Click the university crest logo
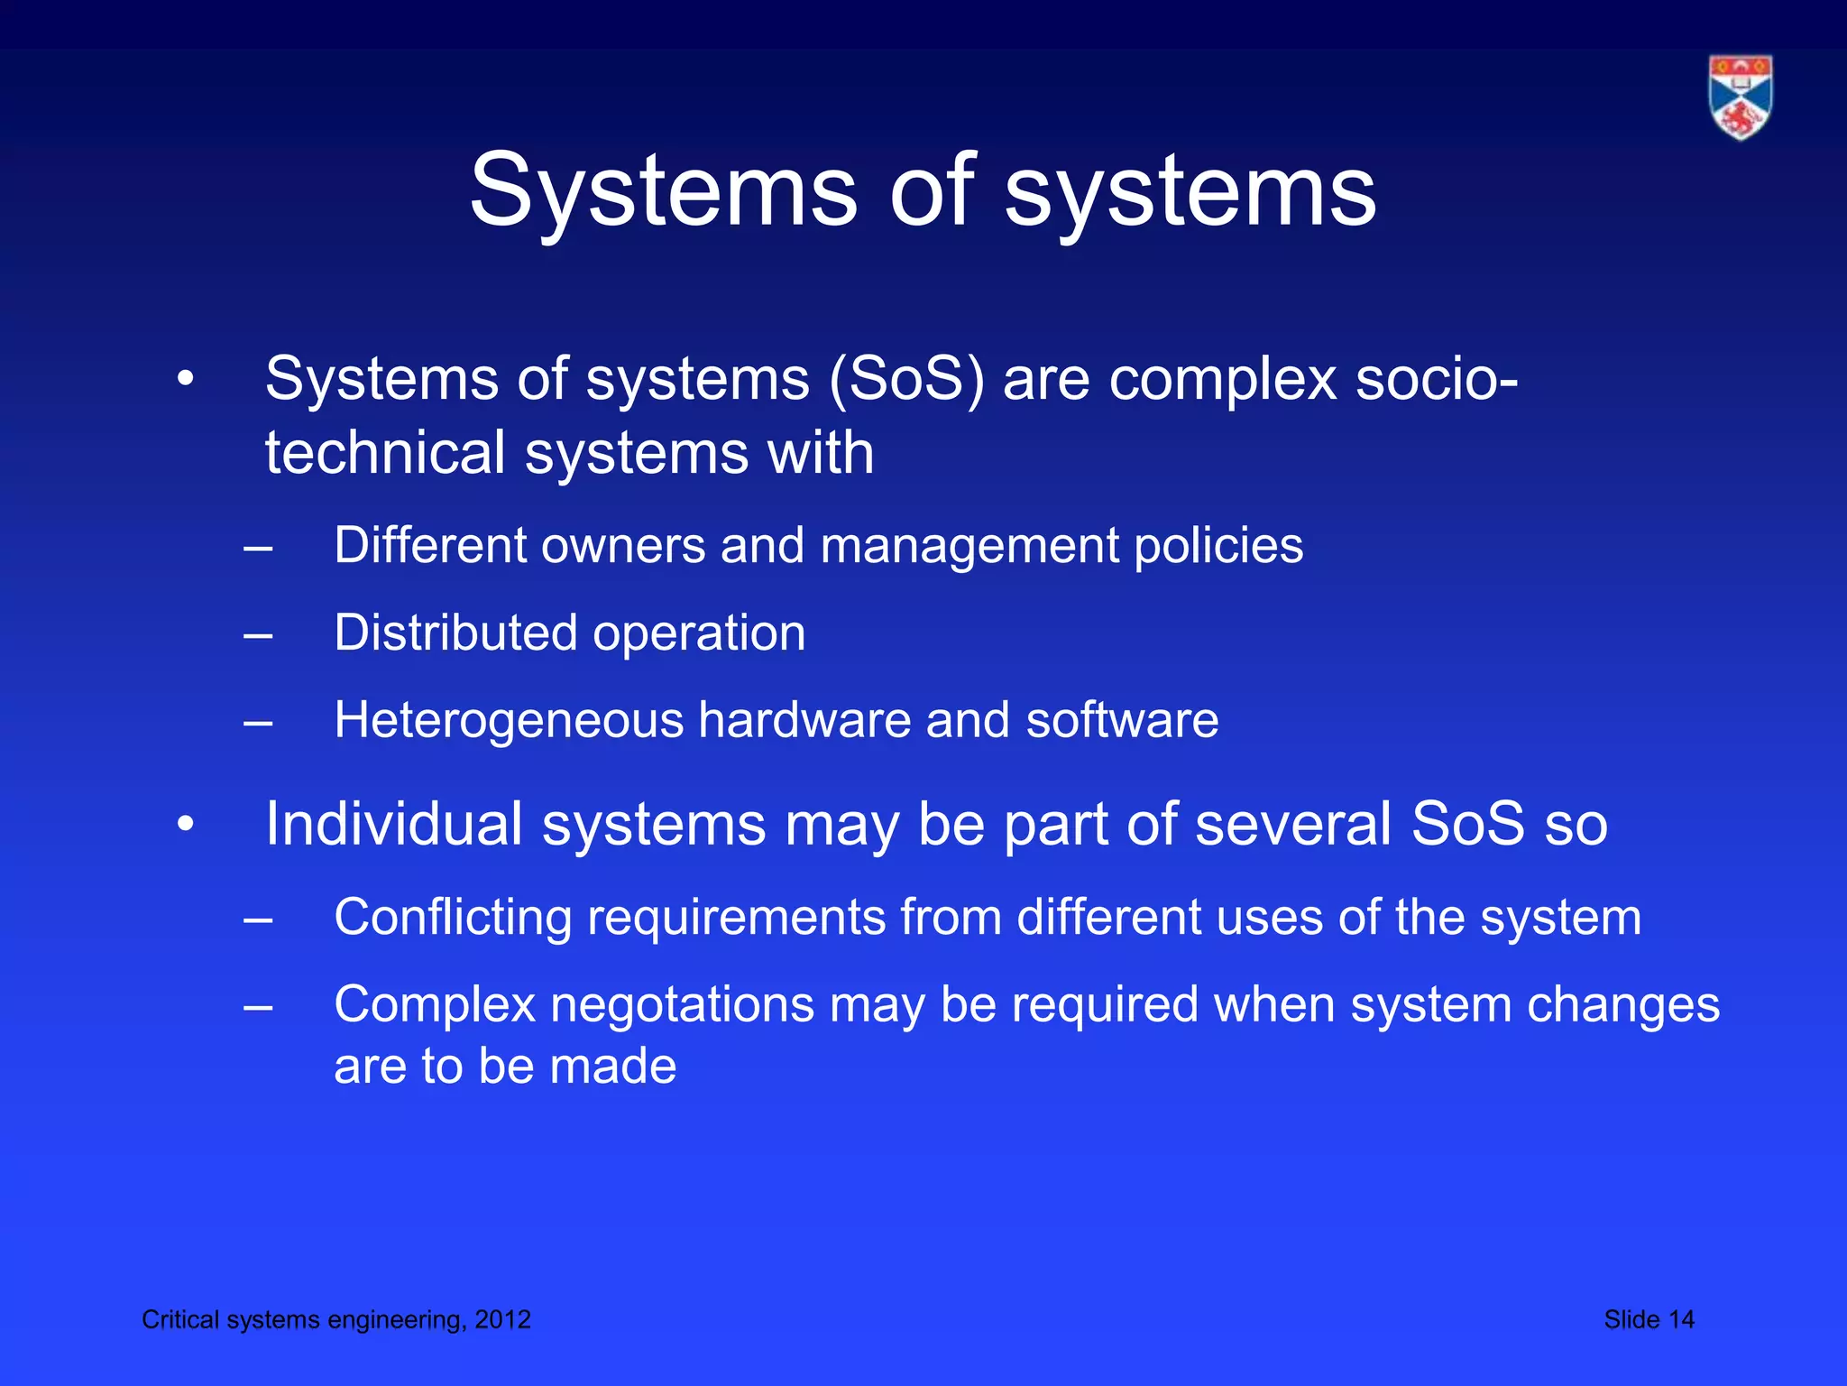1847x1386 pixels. click(1740, 97)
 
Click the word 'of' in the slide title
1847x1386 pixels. click(932, 190)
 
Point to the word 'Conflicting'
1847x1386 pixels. click(453, 918)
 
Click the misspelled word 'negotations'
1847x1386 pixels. click(682, 1005)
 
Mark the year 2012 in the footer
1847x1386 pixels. click(503, 1319)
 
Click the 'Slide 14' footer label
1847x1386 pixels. click(1649, 1319)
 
